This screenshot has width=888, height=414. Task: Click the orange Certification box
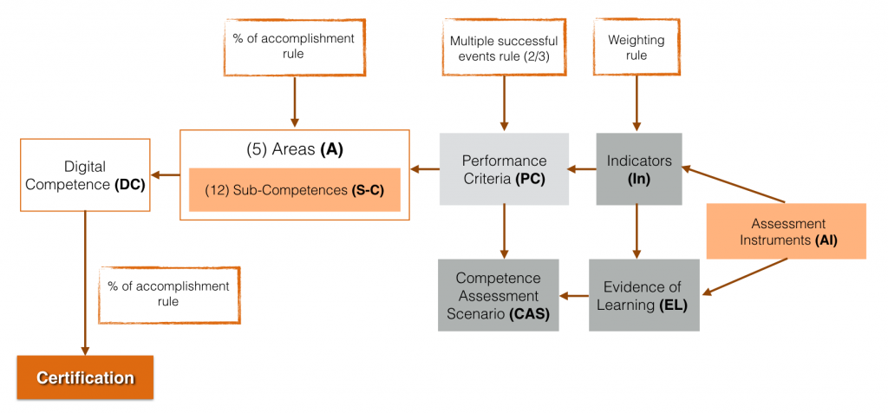tap(85, 378)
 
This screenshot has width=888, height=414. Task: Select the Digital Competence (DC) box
tap(85, 174)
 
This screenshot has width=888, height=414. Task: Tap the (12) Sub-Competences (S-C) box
tap(294, 190)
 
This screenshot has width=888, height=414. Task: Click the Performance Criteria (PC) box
tap(504, 169)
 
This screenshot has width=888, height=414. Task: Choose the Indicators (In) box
tap(639, 169)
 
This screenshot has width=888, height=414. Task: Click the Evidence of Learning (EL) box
tap(643, 295)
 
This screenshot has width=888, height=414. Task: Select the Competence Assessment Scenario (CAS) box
tap(498, 295)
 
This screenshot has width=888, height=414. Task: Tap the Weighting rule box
tap(637, 49)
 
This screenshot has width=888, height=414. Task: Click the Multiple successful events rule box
tap(504, 49)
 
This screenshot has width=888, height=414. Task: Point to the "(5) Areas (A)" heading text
tap(294, 148)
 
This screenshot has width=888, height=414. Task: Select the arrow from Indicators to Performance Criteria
tap(582, 169)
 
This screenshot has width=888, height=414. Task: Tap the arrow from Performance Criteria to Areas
tap(425, 169)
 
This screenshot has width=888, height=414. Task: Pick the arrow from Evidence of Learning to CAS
tap(573, 296)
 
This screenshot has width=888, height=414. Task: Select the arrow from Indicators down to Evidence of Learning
tap(637, 232)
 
